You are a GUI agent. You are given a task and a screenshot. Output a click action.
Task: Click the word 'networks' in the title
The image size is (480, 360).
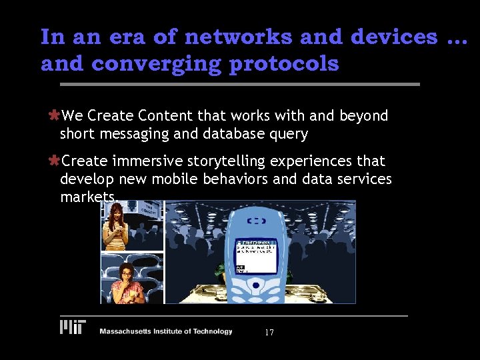click(x=238, y=37)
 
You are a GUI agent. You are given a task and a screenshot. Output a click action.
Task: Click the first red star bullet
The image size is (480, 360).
click(x=55, y=116)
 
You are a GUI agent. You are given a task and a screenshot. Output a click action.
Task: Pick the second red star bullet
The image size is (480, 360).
click(x=55, y=161)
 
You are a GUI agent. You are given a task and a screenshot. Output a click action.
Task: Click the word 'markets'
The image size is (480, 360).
click(x=87, y=197)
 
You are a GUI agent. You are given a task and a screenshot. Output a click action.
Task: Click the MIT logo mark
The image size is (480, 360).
click(x=73, y=327)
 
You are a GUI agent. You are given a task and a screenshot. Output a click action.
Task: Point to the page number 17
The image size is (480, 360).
click(x=269, y=333)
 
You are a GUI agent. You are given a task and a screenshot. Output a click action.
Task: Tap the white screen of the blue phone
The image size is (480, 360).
click(x=257, y=255)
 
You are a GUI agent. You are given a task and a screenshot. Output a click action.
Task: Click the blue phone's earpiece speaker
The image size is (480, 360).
click(x=257, y=221)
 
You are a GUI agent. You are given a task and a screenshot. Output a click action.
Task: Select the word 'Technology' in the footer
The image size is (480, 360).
click(x=209, y=331)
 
